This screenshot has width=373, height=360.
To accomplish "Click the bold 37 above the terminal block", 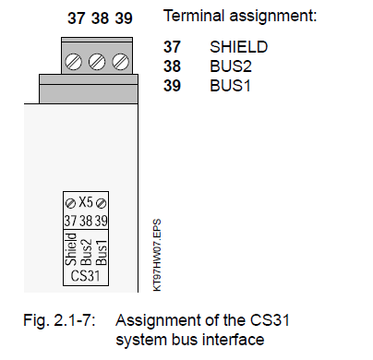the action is pos(76,18).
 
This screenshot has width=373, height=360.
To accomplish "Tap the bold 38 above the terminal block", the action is pos(100,18).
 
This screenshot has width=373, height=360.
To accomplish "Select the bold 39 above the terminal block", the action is pos(124,18).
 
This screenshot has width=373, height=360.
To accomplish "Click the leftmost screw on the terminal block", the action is pos(73,62).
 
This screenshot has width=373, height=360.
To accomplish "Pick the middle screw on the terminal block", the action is pos(97,62).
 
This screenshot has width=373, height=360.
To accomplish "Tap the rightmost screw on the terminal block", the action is pos(120,62).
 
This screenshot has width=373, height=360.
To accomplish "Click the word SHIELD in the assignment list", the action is pos(239,47).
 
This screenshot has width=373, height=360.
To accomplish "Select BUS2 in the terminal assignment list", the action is pos(231,66).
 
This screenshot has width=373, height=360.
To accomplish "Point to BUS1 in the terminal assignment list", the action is pos(230,86).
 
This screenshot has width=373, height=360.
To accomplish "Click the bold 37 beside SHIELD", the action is pos(172,47).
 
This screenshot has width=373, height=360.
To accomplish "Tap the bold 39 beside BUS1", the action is pos(172,86).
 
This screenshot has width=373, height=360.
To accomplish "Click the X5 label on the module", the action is pos(86,202).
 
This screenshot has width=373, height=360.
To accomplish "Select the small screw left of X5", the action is pos(70,203).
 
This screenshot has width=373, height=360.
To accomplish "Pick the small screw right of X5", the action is pos(101,203).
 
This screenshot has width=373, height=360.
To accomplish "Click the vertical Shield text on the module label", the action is pos(71,249).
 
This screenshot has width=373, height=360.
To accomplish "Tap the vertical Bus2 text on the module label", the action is pos(87,252).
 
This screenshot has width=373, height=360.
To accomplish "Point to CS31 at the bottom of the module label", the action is pos(86,275).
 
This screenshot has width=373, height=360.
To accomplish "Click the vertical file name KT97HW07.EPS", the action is pos(157,255).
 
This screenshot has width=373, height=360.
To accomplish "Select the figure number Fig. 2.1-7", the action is pos(59,320).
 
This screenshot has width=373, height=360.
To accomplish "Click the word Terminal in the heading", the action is pos(194,16).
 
